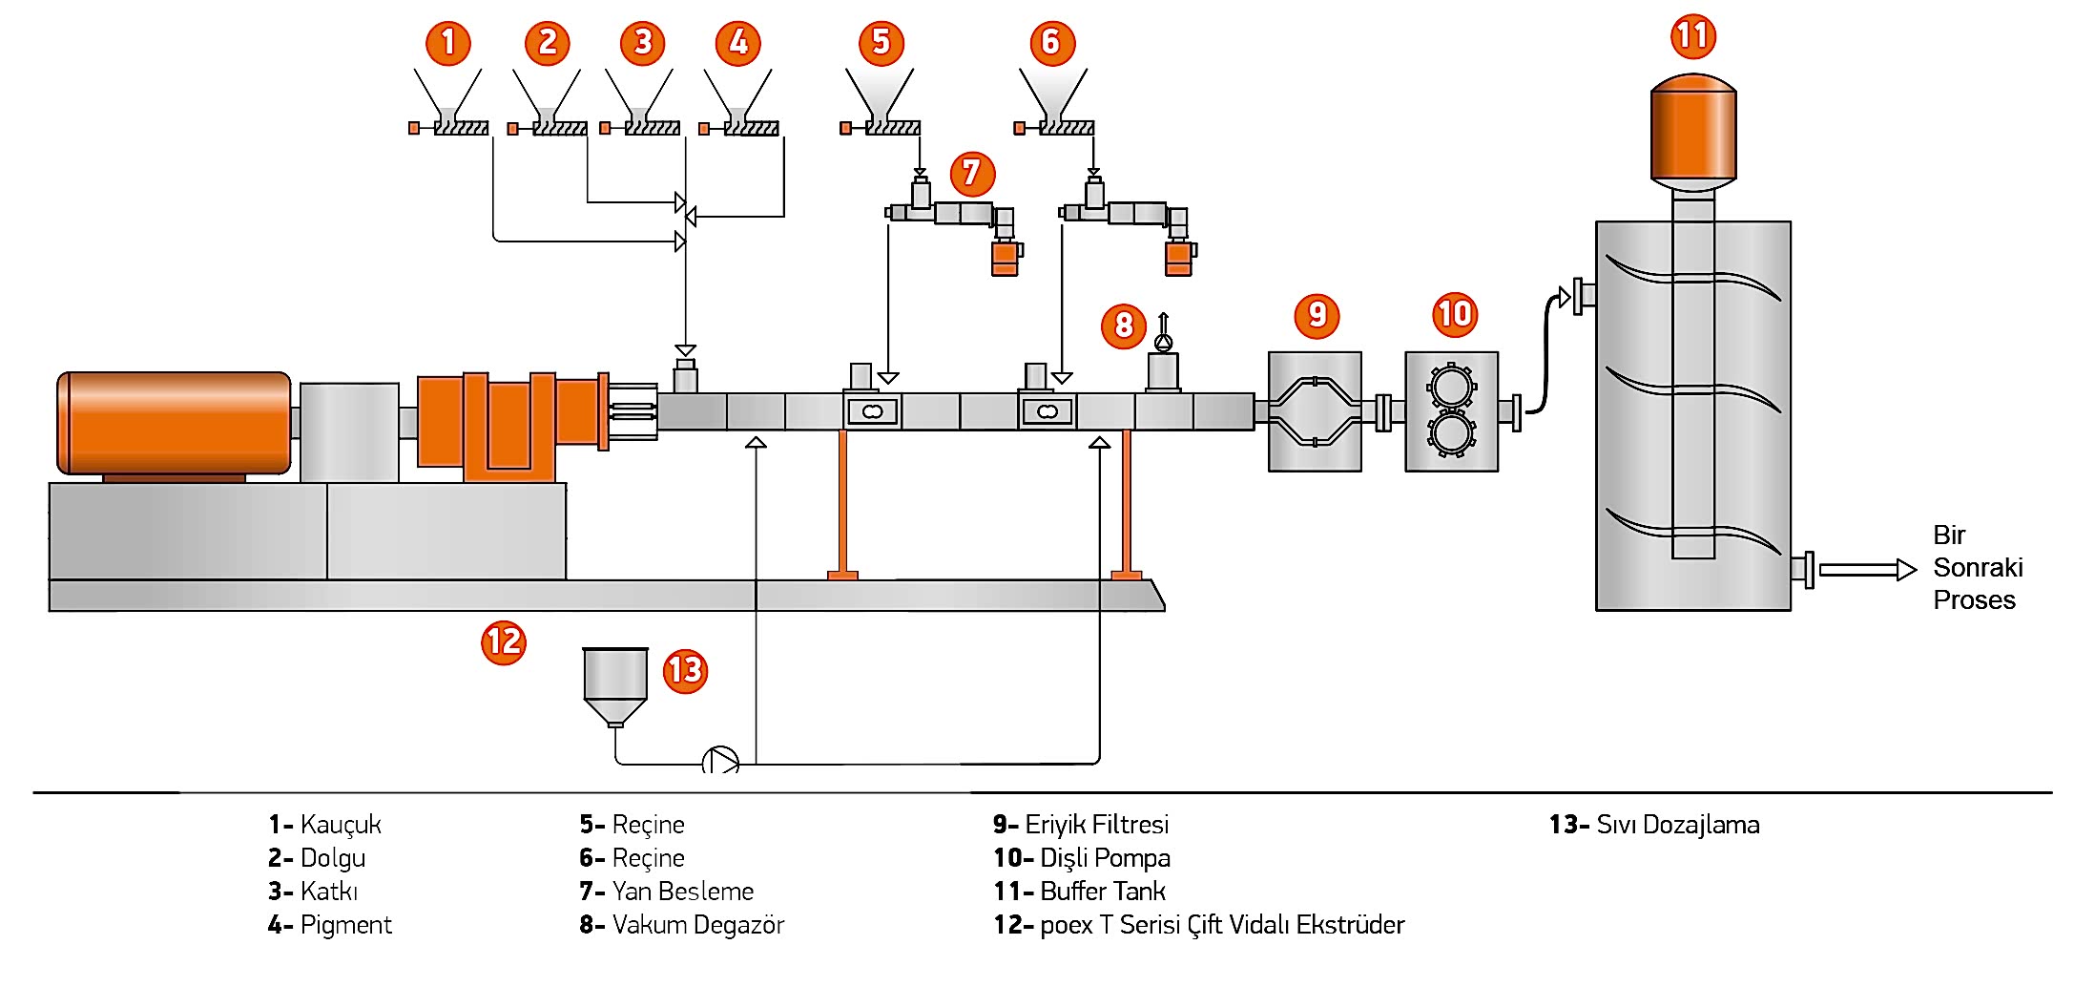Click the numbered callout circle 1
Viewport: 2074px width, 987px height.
(448, 43)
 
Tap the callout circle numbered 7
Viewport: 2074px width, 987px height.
(972, 173)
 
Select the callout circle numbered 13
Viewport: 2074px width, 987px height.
(685, 670)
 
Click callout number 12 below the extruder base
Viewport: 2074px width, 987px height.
(504, 641)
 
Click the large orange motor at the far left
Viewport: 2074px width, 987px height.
(174, 423)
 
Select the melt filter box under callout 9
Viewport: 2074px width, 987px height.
(1315, 411)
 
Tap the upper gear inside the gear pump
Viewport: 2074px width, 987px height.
(1451, 388)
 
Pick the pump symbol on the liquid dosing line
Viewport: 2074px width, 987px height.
(720, 762)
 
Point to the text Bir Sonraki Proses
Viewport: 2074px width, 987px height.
(1977, 567)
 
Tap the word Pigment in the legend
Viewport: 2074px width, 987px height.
(345, 925)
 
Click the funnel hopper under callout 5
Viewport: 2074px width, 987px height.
(880, 93)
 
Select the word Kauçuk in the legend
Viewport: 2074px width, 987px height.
(341, 825)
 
